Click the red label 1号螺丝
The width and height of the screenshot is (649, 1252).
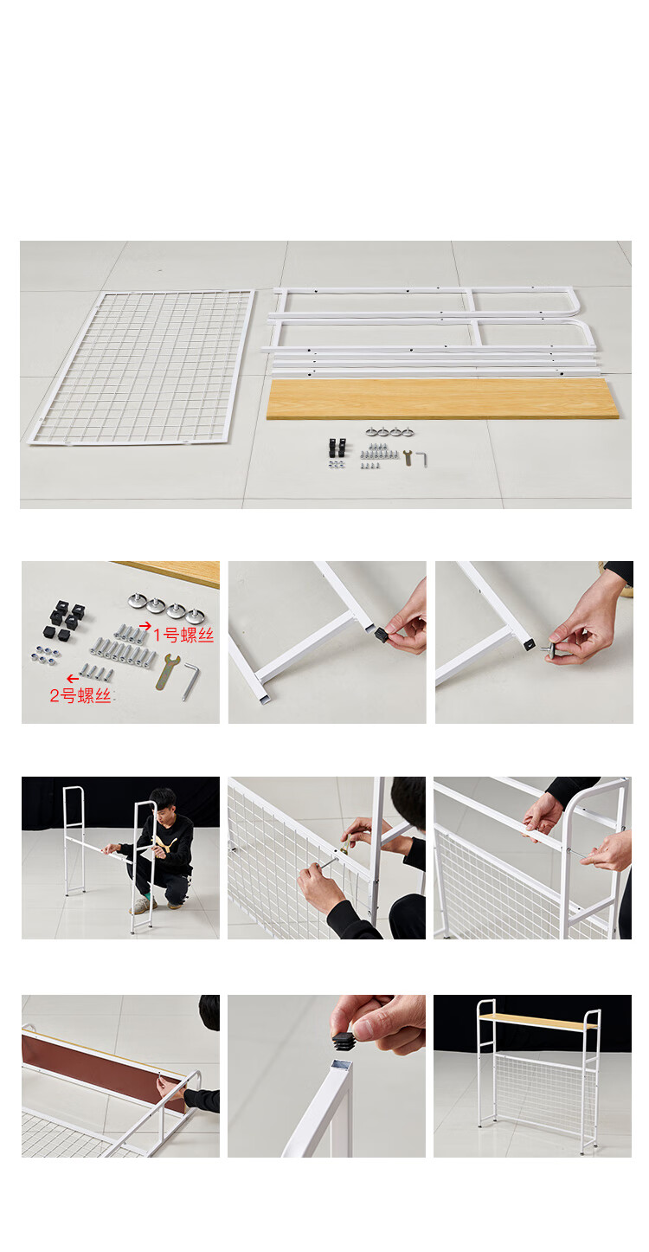(183, 635)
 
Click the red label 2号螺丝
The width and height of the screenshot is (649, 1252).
(80, 695)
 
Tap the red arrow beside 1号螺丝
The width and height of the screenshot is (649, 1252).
(145, 625)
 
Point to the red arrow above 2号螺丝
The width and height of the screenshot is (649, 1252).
(73, 679)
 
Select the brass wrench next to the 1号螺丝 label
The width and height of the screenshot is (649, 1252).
(167, 671)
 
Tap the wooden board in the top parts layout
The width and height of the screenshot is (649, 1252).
(442, 398)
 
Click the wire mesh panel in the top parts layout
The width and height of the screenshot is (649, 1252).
(141, 367)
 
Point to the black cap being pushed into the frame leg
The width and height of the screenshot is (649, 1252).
(381, 634)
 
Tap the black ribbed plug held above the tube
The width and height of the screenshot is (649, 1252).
(347, 1040)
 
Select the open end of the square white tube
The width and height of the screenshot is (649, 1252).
(341, 1065)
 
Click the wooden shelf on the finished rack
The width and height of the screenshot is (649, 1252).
(537, 1020)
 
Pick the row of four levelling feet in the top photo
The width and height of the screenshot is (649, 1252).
(389, 431)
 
